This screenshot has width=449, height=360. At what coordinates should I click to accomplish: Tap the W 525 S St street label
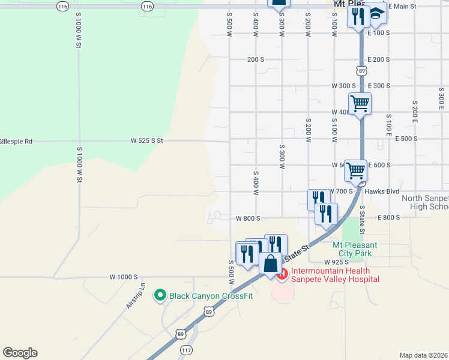click(147, 140)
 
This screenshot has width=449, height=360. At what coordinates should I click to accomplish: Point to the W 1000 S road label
click(124, 277)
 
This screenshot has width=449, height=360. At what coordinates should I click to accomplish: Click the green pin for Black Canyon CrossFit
click(160, 295)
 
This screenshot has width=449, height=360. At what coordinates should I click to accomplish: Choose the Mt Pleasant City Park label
click(355, 249)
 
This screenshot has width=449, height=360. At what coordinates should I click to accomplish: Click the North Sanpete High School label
click(425, 202)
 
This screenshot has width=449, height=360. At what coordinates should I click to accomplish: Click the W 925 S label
click(336, 262)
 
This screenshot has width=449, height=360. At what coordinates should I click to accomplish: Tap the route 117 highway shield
click(187, 350)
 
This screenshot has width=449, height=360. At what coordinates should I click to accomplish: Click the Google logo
click(20, 353)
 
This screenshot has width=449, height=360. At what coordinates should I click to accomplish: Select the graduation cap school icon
click(376, 14)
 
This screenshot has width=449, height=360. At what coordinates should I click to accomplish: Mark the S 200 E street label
click(415, 112)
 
